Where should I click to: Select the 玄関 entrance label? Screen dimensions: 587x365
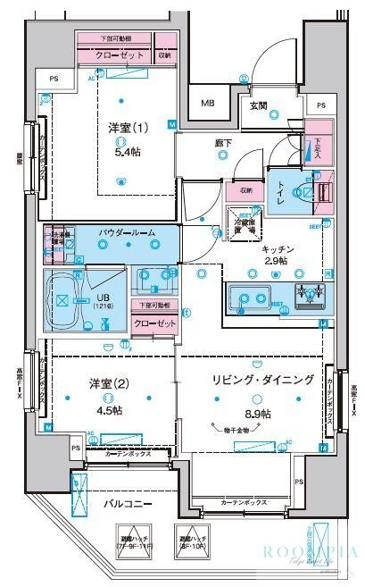[258, 105]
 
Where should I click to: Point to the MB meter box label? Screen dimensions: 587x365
[207, 103]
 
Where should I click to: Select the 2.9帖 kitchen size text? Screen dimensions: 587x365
[276, 261]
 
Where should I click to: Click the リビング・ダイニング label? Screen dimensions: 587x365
[264, 380]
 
